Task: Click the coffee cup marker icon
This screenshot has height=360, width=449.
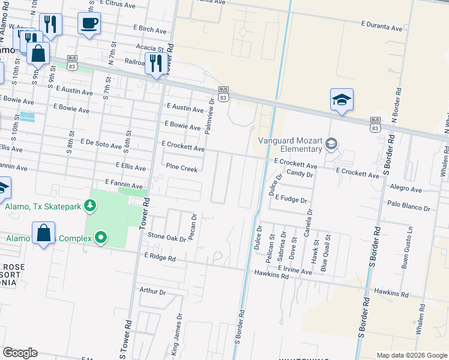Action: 89,24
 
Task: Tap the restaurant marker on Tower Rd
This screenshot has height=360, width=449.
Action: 156,62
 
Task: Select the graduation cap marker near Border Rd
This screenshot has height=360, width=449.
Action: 342,100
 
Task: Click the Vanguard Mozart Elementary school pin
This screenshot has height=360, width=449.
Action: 331,144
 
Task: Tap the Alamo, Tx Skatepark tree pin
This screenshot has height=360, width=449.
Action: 90,206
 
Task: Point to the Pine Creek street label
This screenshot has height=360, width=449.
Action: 181,169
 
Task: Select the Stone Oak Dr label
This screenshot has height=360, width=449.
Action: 166,238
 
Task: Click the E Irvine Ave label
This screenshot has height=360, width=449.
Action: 294,271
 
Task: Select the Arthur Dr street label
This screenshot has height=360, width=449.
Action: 152,291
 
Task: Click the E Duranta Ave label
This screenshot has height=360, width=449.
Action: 381,28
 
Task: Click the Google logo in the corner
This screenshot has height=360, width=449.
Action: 20,353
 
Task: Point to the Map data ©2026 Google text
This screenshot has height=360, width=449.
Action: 411,355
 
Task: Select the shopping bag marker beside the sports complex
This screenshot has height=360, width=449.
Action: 44,233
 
